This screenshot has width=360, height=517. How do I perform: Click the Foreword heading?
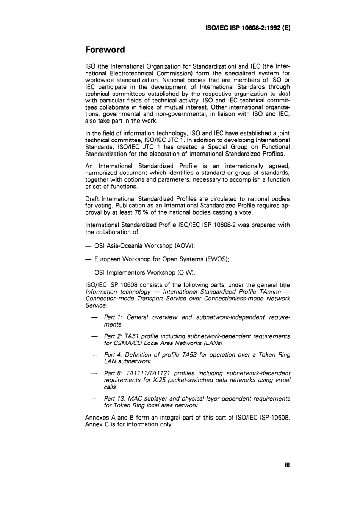pos(105,50)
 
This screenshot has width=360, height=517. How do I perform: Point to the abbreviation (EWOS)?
pos(218,259)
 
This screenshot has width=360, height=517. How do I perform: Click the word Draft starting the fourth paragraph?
pos(92,199)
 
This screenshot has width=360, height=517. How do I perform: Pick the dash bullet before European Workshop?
pos(88,259)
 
